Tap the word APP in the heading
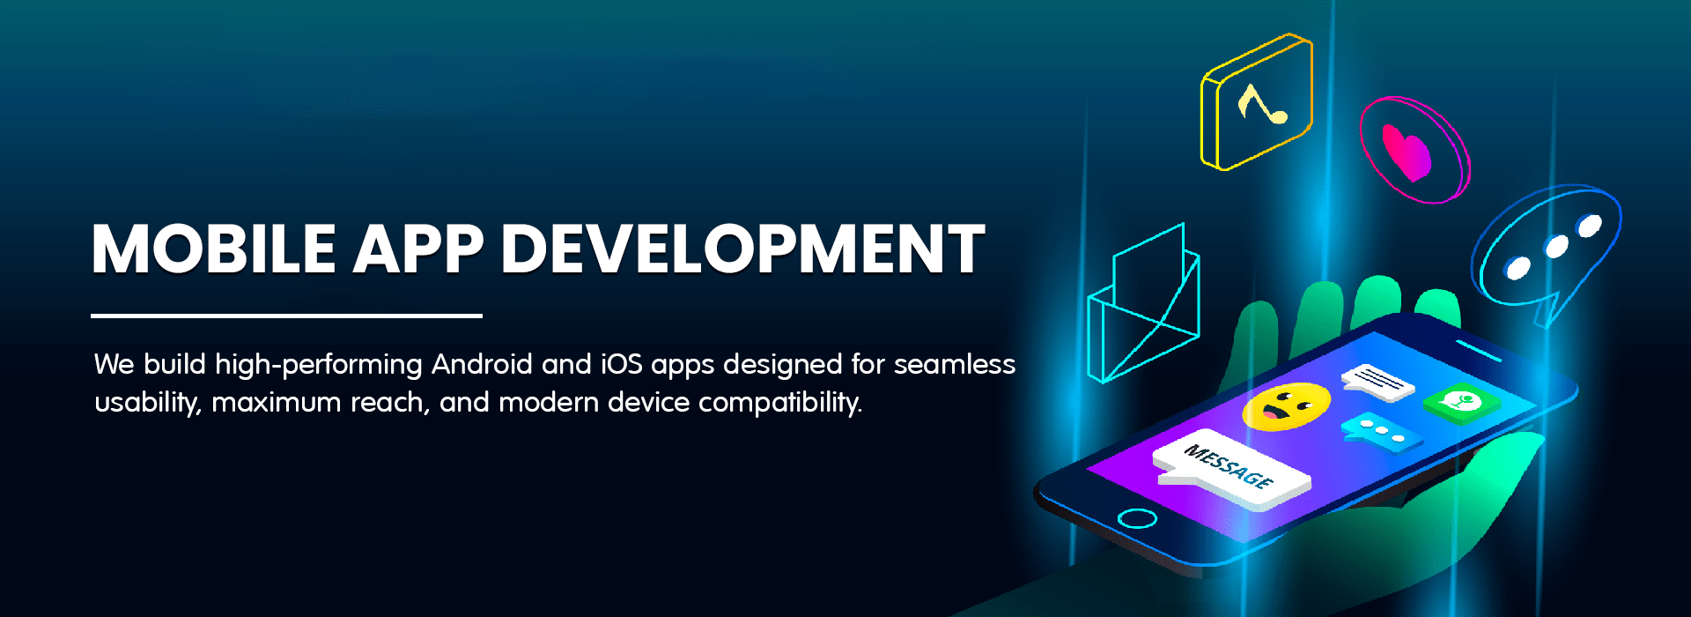point(419,249)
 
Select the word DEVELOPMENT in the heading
point(742,249)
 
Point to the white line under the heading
point(286,315)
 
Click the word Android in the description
point(482,364)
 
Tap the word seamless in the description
point(955,364)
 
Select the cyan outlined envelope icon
point(1143,304)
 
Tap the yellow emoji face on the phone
point(1286,406)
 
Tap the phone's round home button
point(1136,517)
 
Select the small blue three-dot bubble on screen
point(1381,432)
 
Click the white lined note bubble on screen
point(1378,382)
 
